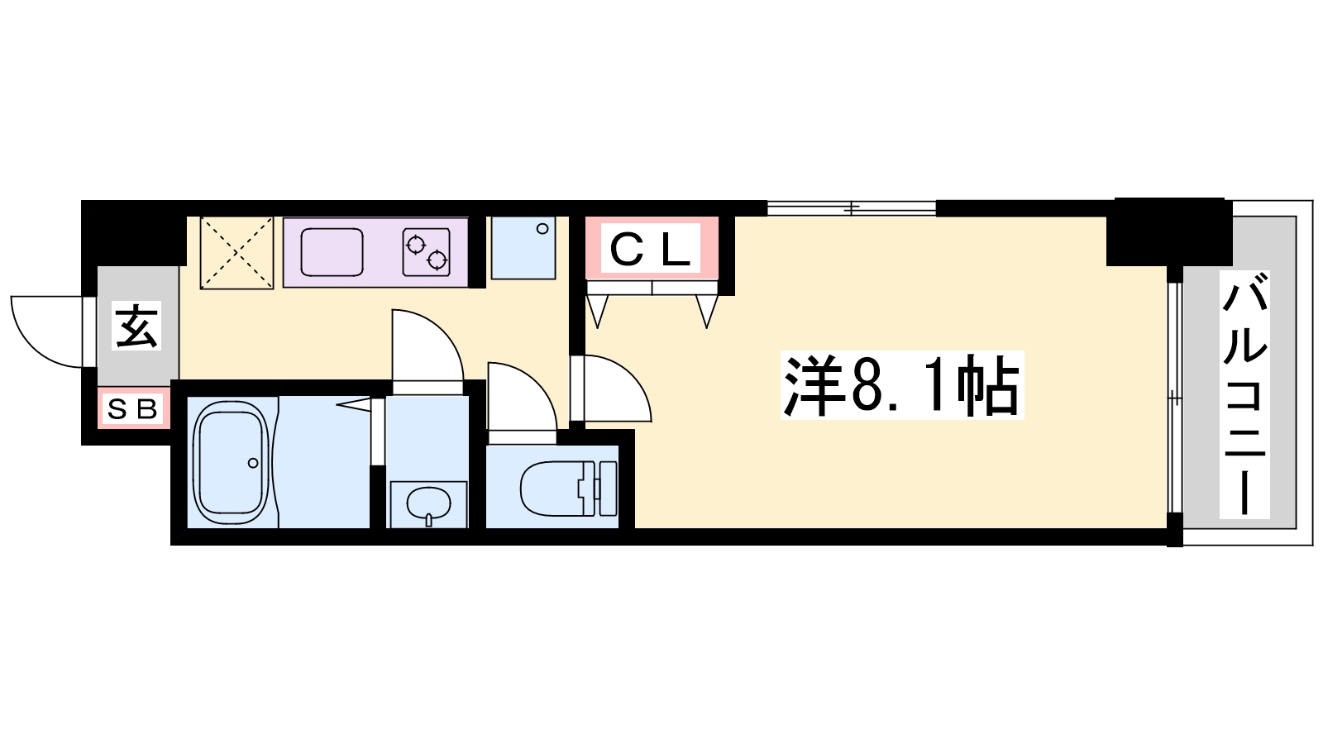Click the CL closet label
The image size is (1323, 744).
[650, 250]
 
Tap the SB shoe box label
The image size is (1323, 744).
[132, 408]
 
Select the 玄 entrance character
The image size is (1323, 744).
[136, 326]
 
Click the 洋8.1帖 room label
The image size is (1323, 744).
[901, 385]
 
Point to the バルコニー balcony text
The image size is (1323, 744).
[1244, 393]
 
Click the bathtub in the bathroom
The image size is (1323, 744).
[231, 462]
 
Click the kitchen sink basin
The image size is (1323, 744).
[332, 252]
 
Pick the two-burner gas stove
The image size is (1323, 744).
[427, 252]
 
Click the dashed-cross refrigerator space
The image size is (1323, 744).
[236, 253]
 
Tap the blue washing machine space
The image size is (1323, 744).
[523, 247]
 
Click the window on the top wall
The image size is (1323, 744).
[852, 208]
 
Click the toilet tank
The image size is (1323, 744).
[608, 489]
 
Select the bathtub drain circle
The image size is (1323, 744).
[253, 463]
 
